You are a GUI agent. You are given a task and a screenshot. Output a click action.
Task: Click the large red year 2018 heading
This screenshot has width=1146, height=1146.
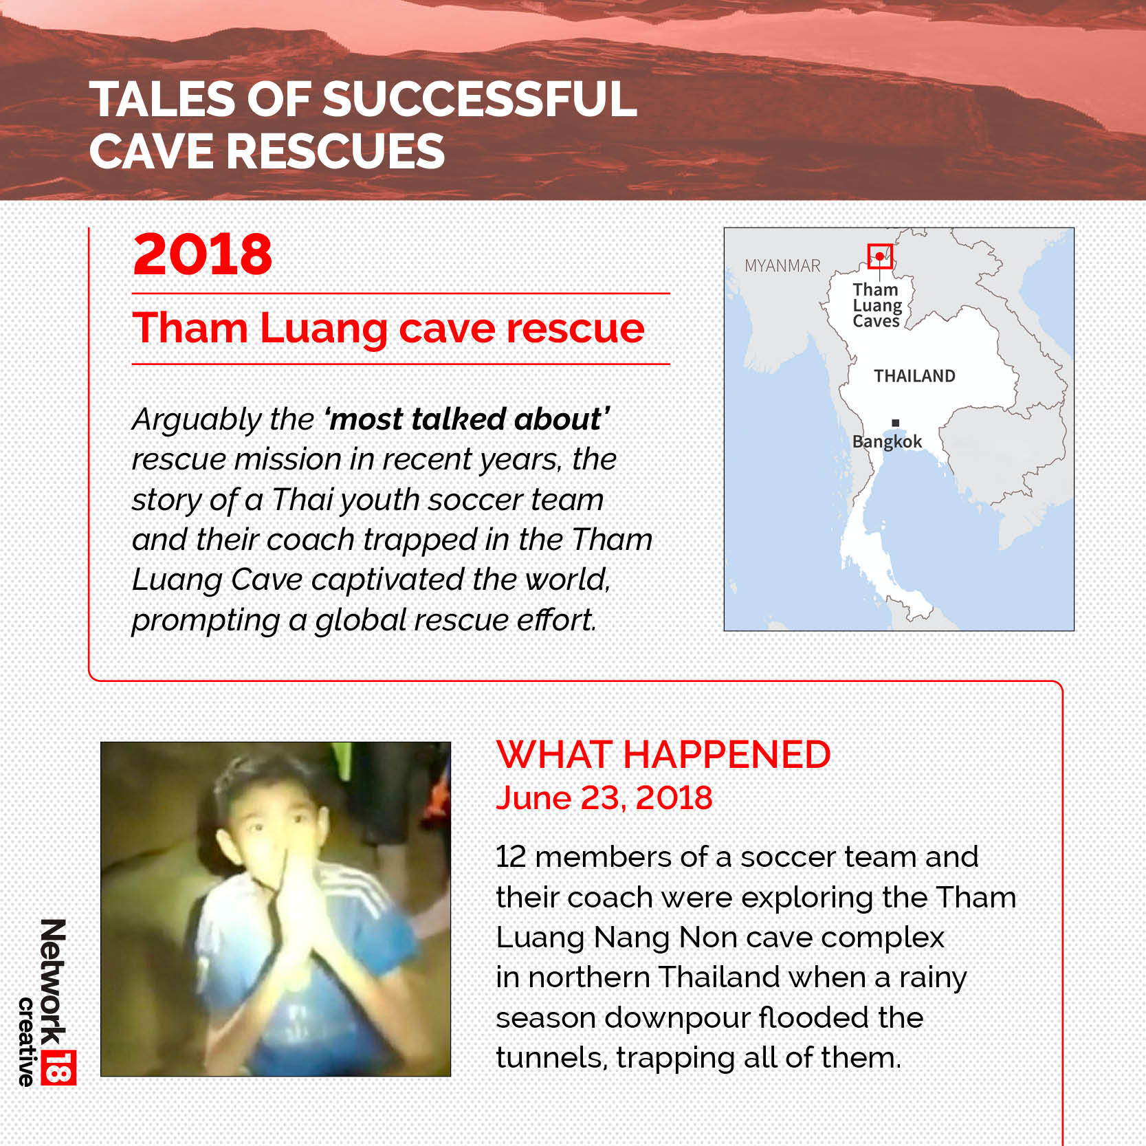coord(203,254)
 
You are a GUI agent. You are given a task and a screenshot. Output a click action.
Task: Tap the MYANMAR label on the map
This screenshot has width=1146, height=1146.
coord(782,266)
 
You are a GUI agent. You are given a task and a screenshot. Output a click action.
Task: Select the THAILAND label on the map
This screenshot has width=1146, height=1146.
coord(914,376)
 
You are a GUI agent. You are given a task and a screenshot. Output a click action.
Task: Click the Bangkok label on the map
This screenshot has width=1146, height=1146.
coord(887,442)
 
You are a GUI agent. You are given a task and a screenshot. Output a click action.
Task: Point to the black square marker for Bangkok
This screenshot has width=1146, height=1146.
coord(895,423)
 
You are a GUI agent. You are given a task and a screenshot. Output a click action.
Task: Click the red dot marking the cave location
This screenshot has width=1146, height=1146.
coord(879,256)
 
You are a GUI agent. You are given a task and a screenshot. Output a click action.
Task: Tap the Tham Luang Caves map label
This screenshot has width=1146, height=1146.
coord(877,305)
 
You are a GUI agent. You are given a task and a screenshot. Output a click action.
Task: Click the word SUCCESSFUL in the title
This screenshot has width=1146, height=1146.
coord(479,99)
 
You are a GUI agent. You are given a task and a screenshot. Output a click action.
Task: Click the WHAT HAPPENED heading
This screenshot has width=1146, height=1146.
coord(663,755)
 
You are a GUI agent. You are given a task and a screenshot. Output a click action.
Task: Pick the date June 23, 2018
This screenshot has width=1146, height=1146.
coord(604,798)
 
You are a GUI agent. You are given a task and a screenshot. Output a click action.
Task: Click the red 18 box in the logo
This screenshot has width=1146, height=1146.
coord(58,1067)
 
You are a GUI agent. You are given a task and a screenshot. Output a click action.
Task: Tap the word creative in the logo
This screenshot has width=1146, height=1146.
coord(26,1042)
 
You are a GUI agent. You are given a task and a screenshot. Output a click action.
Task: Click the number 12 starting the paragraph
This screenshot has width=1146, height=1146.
coord(511,857)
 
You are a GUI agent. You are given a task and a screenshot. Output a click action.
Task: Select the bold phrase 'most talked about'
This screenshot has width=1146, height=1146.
coord(467,419)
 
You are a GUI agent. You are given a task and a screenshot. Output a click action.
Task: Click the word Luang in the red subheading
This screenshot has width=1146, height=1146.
coord(324,329)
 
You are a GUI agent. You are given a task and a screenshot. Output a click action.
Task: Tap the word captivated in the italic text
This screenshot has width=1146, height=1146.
coord(388,580)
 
